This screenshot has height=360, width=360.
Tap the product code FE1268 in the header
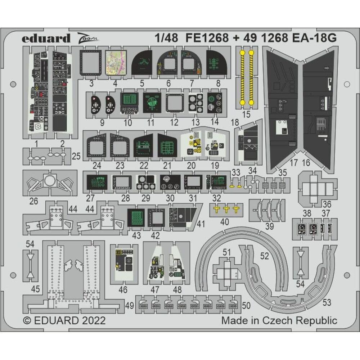(x=207, y=38)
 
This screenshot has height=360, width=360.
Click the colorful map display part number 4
(x=116, y=62)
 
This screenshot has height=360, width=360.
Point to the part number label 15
(x=246, y=115)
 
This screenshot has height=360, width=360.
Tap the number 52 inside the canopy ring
(x=265, y=256)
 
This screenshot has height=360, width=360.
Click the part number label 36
(x=327, y=204)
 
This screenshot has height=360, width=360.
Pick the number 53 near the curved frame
(x=327, y=302)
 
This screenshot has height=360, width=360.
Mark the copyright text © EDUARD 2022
(x=64, y=320)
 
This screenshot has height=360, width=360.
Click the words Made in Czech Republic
(x=279, y=320)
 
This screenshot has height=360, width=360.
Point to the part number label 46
(x=123, y=290)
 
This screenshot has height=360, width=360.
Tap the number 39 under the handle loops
(x=269, y=226)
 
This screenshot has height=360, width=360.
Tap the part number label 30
(x=170, y=198)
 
